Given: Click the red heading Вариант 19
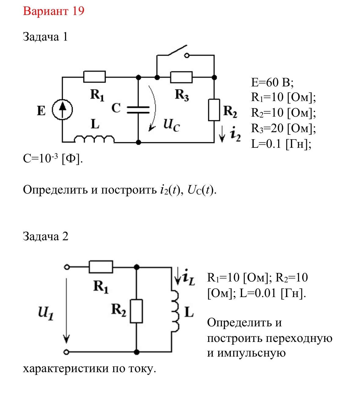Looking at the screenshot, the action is (x=53, y=11).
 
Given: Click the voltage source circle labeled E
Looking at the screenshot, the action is (x=62, y=110).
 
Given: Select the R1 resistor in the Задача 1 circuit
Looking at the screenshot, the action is (x=94, y=77).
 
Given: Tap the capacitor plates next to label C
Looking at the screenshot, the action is (x=138, y=110).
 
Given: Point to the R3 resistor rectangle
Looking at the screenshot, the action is (x=181, y=77).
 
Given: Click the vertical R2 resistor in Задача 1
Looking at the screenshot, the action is (x=214, y=110).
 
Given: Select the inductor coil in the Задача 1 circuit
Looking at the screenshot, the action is (x=94, y=139).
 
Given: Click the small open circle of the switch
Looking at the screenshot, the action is (x=187, y=55).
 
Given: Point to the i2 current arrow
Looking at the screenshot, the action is (x=222, y=134).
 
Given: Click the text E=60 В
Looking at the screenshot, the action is (x=272, y=82).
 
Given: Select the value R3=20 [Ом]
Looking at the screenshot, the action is (x=283, y=128).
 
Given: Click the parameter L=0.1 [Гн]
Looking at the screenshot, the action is (x=281, y=144).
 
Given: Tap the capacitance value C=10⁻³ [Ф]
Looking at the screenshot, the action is (x=53, y=158).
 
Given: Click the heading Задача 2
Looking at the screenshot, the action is (x=45, y=236).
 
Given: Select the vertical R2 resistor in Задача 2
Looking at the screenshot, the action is (x=136, y=311).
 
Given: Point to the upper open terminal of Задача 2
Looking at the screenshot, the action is (x=67, y=267).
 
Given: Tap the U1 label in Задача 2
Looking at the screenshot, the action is (x=46, y=313).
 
